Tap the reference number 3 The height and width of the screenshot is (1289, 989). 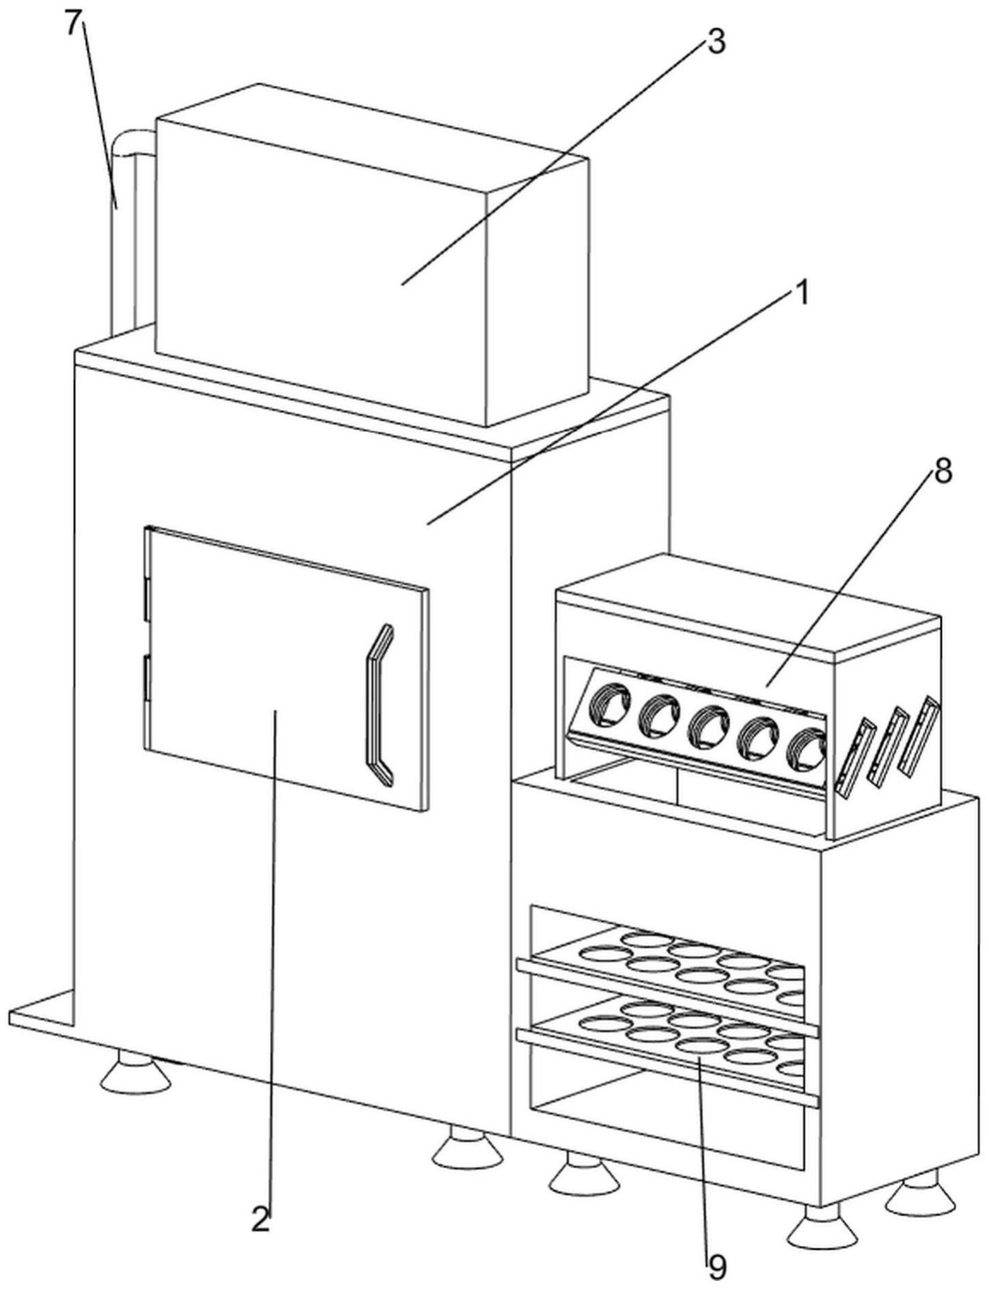tap(715, 42)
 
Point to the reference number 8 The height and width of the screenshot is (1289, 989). tap(943, 472)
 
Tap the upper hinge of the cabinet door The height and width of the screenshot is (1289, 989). tap(146, 600)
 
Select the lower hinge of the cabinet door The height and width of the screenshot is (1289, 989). tap(146, 678)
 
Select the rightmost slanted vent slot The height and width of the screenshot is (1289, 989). tap(919, 736)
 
